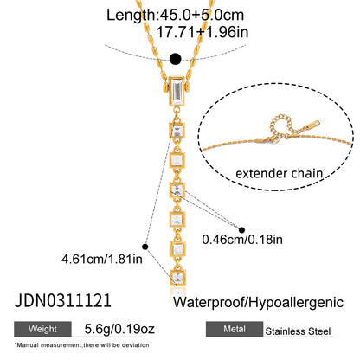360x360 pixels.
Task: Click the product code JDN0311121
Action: [x=63, y=301]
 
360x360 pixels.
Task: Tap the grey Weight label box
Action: [x=42, y=329]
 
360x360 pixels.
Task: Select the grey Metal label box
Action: [x=235, y=329]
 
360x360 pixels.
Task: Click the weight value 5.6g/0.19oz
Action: [x=119, y=329]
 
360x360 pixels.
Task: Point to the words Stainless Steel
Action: [x=298, y=331]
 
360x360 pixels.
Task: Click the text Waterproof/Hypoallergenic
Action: [x=258, y=303]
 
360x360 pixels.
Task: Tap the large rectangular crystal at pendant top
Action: [x=177, y=92]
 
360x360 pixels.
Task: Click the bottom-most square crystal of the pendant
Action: [x=177, y=277]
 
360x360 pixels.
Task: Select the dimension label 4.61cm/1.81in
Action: [x=102, y=259]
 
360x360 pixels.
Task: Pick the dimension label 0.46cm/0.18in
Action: [x=242, y=240]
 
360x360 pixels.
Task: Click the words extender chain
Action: [x=280, y=173]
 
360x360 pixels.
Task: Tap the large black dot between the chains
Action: [x=176, y=59]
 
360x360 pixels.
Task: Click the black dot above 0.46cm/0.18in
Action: [x=241, y=230]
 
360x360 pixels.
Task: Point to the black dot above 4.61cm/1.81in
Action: [x=145, y=247]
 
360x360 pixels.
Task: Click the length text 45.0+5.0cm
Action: [x=202, y=15]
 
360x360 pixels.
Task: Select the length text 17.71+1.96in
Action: [x=202, y=32]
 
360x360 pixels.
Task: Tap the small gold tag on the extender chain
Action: [x=311, y=125]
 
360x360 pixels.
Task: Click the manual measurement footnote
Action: [x=81, y=345]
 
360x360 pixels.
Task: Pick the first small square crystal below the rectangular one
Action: [x=177, y=131]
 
